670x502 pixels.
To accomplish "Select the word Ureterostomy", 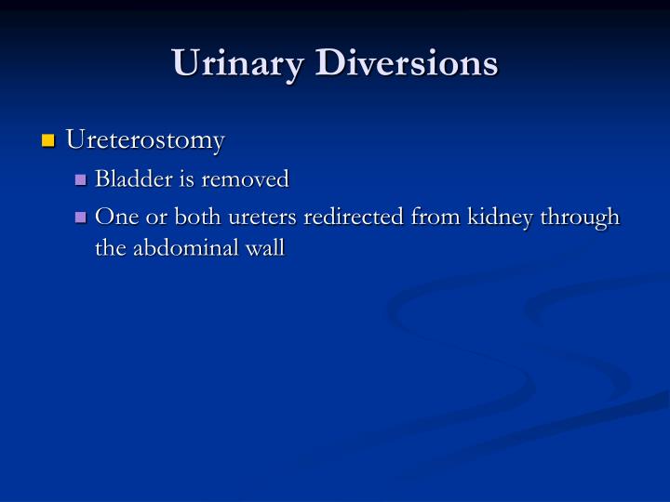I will (x=145, y=140).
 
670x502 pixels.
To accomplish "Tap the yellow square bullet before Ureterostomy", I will (x=48, y=141).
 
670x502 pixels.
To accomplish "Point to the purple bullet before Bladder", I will (x=80, y=179).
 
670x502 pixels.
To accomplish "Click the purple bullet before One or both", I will (x=80, y=218).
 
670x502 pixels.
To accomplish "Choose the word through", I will (x=582, y=217).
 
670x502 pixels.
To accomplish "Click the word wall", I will (x=266, y=248).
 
